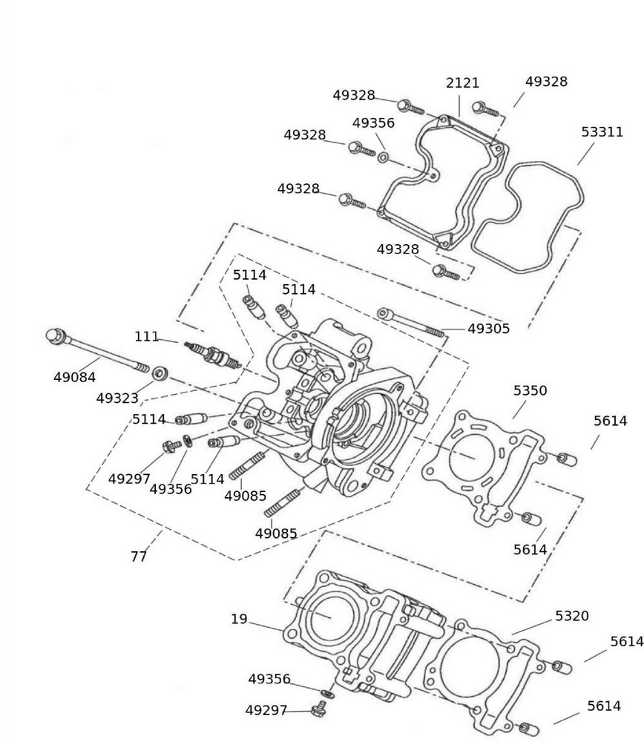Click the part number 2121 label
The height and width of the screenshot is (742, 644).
click(x=462, y=83)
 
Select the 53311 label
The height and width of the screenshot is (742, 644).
click(x=602, y=132)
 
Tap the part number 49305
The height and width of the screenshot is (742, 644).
click(x=488, y=329)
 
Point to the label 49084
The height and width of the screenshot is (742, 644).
click(x=74, y=378)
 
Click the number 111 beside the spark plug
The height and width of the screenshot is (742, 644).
click(x=146, y=337)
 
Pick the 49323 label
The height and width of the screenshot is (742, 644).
click(x=117, y=398)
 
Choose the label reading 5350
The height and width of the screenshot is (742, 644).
click(x=530, y=390)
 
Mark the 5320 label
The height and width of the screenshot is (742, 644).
click(x=571, y=616)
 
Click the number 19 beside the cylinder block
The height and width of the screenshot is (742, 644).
click(x=239, y=619)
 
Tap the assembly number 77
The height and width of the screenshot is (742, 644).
click(x=139, y=556)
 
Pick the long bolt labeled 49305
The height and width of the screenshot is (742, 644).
click(x=412, y=323)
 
